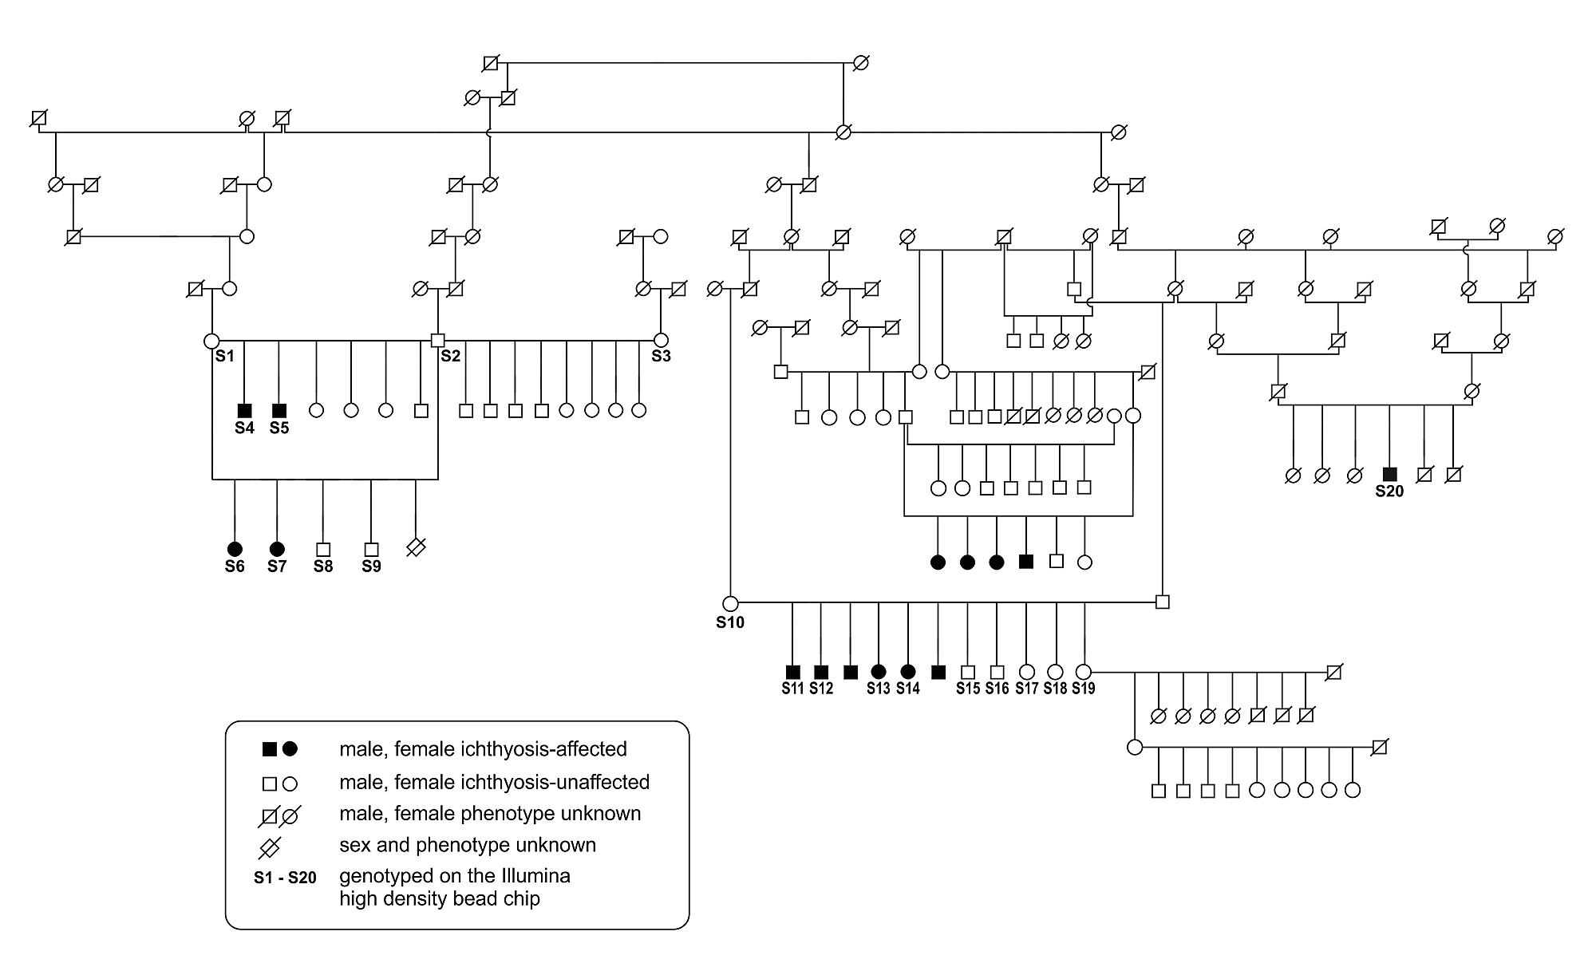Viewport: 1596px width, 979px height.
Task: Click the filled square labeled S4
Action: (245, 410)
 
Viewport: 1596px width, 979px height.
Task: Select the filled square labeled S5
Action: (279, 410)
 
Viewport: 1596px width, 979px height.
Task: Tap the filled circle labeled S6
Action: (235, 549)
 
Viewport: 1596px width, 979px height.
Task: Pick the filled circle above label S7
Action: (277, 549)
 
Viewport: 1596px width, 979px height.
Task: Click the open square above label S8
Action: (323, 549)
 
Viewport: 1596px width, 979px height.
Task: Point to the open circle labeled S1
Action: (212, 341)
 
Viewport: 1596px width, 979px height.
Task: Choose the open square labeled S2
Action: (437, 340)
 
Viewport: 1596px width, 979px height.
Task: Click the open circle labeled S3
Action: (661, 340)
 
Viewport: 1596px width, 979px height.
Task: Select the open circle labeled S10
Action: (730, 603)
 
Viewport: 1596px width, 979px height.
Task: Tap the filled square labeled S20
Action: (1389, 474)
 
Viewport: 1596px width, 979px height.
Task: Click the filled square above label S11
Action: (792, 672)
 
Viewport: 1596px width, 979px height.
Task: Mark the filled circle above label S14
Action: (907, 672)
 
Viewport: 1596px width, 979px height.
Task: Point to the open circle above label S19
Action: (1084, 672)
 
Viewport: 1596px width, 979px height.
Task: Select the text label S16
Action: (997, 689)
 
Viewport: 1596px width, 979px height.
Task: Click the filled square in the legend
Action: (270, 749)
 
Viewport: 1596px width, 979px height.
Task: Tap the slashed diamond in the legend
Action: (270, 846)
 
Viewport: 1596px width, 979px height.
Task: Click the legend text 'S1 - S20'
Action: (285, 878)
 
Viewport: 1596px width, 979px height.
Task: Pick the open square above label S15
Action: (968, 672)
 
